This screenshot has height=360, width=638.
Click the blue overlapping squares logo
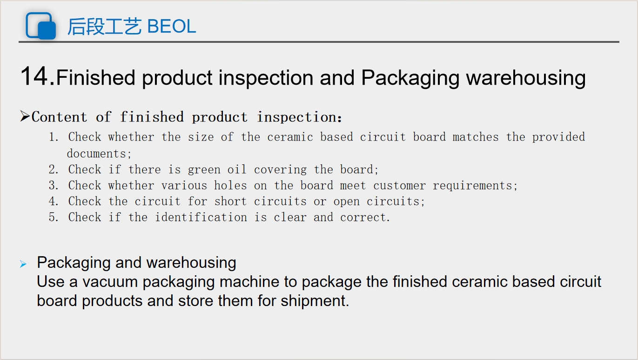point(41,26)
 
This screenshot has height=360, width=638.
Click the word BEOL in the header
point(171,26)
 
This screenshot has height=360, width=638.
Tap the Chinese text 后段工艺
point(104,27)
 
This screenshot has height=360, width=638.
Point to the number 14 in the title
point(34,76)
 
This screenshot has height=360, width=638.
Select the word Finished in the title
point(96,77)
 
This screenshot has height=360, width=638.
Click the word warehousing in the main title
point(526,78)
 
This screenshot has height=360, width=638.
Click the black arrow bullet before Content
point(25,116)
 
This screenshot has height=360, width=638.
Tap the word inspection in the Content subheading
point(296,117)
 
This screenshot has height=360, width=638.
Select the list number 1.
point(54,137)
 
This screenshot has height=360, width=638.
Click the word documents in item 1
point(97,154)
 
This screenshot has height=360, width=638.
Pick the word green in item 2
point(204,170)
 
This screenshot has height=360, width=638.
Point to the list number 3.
point(54,185)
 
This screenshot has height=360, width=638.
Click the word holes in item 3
point(230,185)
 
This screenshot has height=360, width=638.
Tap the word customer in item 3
point(399,186)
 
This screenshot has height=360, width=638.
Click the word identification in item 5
point(201,217)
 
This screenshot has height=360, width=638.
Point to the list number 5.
point(54,217)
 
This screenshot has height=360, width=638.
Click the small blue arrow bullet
point(23,264)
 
